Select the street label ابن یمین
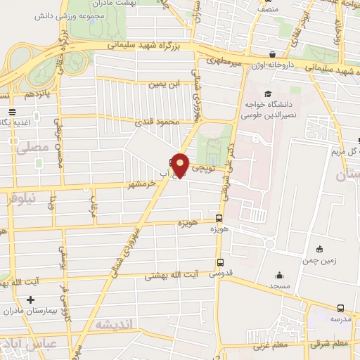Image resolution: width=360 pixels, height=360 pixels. pos(161,84)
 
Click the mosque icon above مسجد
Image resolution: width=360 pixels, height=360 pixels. pos(280,276)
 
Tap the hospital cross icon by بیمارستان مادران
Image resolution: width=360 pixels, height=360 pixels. pos(30,299)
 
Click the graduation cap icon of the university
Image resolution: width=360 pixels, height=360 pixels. pos(266,94)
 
